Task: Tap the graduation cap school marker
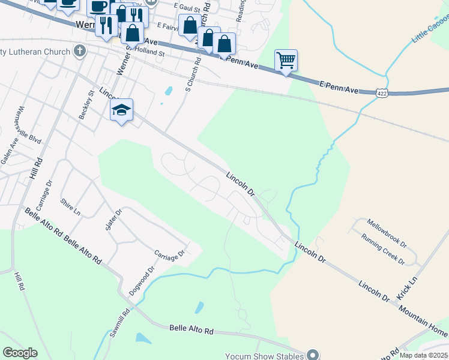[121, 110]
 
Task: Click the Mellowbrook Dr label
[387, 230]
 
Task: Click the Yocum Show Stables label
[264, 355]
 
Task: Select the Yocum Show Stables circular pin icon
[312, 355]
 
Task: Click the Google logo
[20, 353]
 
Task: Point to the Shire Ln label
[70, 207]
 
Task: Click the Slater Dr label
[115, 220]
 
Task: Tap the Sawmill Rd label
[124, 322]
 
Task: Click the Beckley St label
[84, 105]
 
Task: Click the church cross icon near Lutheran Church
[79, 52]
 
